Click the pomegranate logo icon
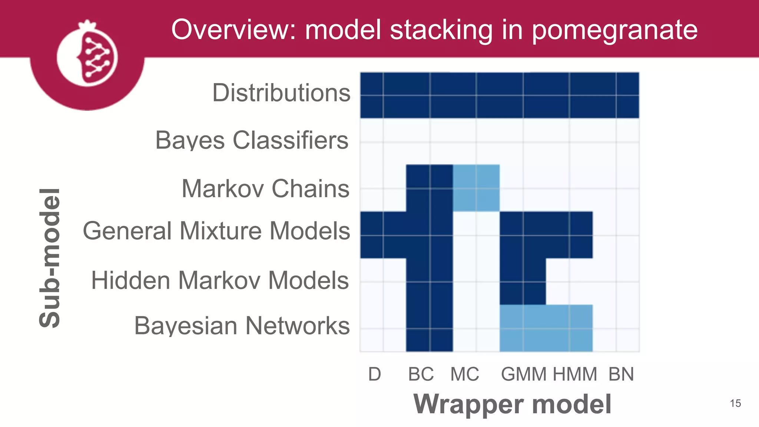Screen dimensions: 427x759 (87, 56)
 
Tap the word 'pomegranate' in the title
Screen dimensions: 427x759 (614, 30)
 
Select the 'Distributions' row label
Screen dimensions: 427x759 (281, 93)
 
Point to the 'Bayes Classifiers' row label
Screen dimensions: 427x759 (252, 140)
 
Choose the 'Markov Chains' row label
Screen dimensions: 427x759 (265, 188)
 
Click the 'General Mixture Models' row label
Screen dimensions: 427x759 (216, 231)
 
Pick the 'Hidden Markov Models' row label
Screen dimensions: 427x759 (220, 280)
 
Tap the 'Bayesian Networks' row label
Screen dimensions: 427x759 (242, 325)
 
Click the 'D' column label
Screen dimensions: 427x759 (374, 374)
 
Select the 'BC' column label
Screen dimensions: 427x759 (421, 374)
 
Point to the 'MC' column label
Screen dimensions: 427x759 (464, 374)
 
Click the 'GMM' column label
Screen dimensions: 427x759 (524, 374)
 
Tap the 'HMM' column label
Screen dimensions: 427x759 (575, 374)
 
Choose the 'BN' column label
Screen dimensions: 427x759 (621, 374)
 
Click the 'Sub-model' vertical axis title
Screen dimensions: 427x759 (50, 258)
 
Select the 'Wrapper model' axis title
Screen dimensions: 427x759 (512, 404)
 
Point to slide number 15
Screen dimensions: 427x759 (735, 403)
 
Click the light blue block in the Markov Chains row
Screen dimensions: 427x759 (476, 188)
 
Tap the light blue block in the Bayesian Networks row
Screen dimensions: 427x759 (546, 328)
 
